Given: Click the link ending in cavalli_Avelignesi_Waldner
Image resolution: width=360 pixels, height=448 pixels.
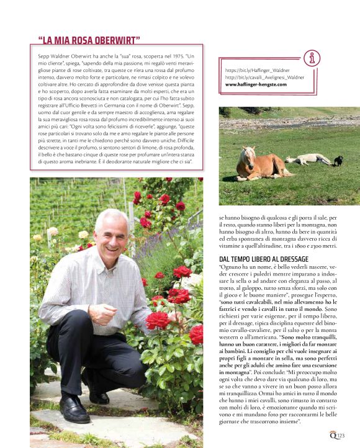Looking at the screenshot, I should (264, 78).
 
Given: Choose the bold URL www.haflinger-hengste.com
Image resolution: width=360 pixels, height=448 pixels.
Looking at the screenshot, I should (260, 84).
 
